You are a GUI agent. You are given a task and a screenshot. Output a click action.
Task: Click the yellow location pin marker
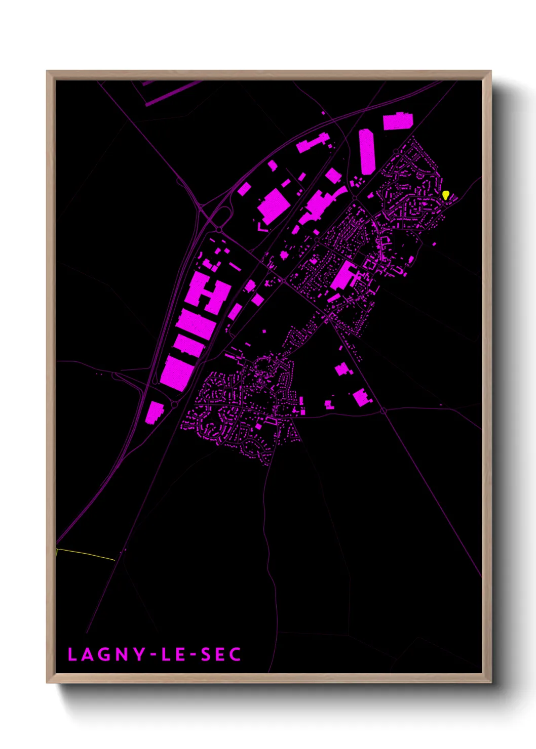(445, 195)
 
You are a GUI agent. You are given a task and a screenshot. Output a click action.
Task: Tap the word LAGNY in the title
(106, 654)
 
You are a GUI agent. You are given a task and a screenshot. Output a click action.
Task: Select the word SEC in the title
(221, 654)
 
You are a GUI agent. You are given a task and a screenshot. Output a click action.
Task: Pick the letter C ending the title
(235, 654)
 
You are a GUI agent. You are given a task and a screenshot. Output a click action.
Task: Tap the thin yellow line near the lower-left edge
(86, 554)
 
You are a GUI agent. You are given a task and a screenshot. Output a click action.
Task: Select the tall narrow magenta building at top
(367, 151)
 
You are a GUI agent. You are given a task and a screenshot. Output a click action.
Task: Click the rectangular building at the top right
(398, 121)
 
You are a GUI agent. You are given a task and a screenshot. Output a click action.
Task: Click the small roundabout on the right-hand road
(384, 411)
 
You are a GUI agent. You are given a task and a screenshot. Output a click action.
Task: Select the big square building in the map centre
(274, 206)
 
